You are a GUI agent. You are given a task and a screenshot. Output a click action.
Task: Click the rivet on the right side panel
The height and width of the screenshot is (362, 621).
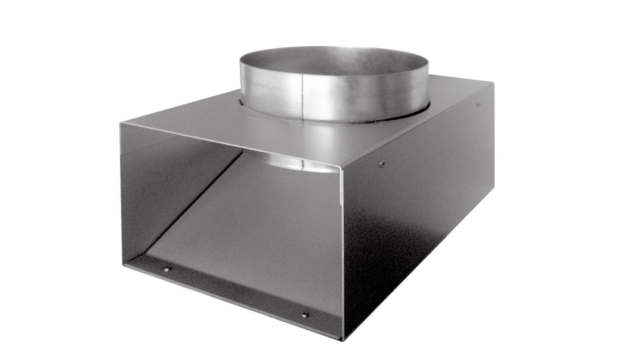381,163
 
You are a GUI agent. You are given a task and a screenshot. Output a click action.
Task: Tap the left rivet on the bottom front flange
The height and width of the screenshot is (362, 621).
166,269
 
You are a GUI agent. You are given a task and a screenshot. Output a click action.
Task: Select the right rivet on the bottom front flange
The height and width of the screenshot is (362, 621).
304,315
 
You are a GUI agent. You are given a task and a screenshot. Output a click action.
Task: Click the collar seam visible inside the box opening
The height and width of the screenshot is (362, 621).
301,164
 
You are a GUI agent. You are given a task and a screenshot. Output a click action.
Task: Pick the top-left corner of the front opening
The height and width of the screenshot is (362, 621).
121,124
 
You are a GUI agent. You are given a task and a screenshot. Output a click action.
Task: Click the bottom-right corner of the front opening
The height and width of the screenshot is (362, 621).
343,339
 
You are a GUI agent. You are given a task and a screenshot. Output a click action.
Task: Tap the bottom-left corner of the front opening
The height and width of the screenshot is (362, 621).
123,264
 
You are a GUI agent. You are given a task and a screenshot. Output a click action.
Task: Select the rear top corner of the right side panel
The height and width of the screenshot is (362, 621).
493,84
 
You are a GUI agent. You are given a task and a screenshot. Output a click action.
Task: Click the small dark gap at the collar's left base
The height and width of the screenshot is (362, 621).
240,102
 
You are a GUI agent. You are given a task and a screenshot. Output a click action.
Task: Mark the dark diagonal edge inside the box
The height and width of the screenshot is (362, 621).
194,203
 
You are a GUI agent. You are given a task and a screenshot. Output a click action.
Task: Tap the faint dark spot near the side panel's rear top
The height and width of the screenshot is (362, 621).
478,104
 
